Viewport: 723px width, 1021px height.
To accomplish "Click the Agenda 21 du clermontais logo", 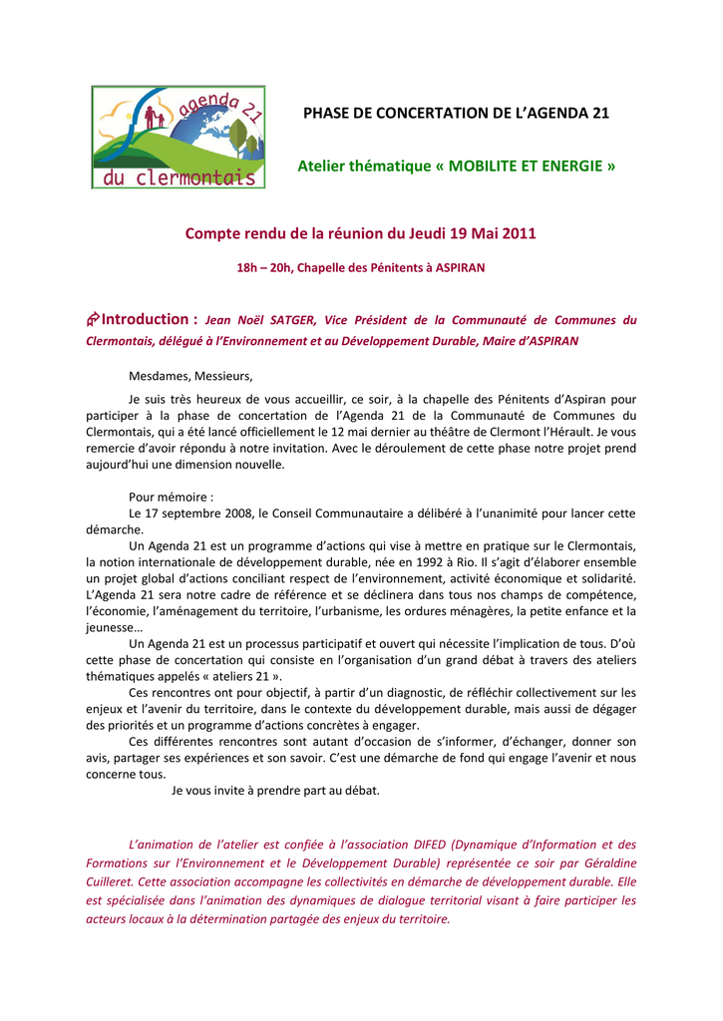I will point(180,137).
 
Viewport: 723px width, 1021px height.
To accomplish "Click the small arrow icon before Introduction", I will point(93,319).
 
